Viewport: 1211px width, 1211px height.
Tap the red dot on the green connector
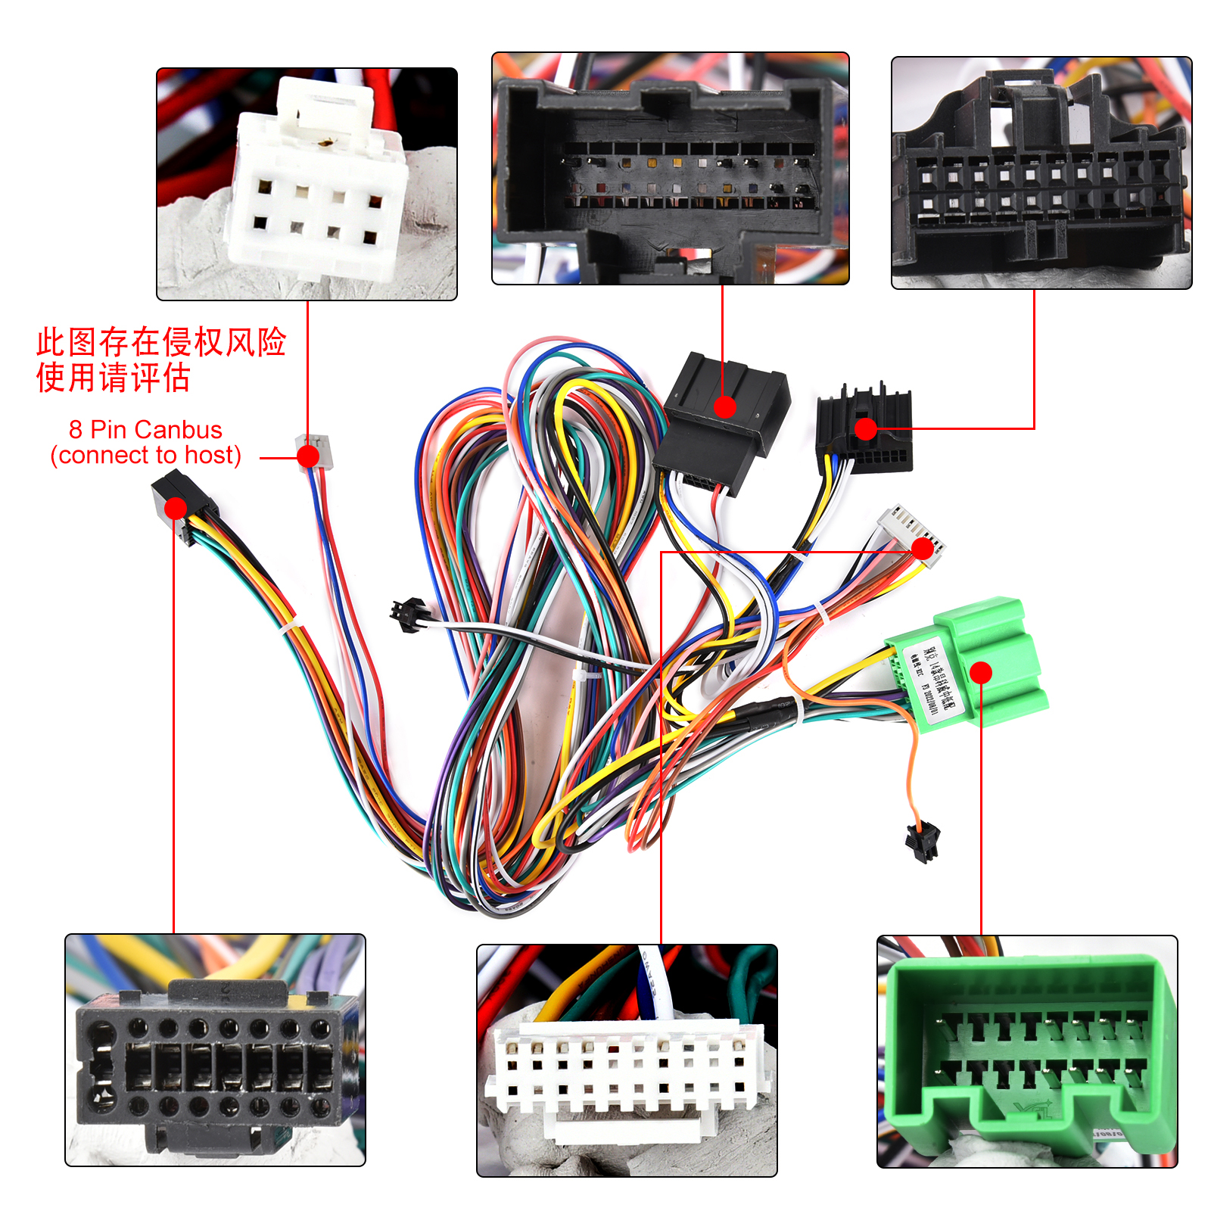click(x=981, y=672)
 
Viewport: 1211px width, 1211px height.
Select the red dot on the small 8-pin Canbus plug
click(x=308, y=456)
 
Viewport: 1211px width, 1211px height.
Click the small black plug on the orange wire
click(x=923, y=842)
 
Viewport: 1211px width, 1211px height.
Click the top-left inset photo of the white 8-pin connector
click(x=307, y=184)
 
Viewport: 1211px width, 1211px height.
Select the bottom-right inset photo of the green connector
click(x=1027, y=1051)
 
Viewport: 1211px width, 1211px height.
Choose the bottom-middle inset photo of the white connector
click(x=627, y=1060)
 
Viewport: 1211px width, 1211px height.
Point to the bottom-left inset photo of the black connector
click(x=215, y=1050)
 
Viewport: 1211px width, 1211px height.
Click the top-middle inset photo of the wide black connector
click(x=670, y=168)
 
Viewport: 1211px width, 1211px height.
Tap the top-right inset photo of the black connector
click(x=1041, y=173)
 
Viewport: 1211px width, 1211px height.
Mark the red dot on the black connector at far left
click(x=176, y=508)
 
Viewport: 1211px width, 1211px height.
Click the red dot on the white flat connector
click(x=923, y=549)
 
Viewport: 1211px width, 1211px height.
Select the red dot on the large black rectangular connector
click(x=724, y=407)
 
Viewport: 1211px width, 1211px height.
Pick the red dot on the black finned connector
click(x=865, y=429)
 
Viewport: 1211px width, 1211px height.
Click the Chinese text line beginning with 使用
click(x=113, y=377)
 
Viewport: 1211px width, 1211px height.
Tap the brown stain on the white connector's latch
click(x=325, y=142)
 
